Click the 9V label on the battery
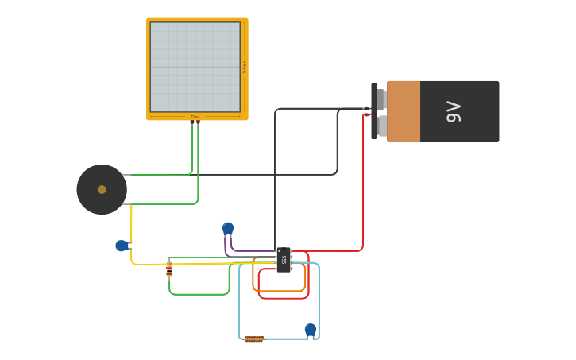tap(454, 111)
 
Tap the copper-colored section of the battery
tap(404, 111)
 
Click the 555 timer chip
tap(284, 259)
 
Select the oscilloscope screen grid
tap(195, 67)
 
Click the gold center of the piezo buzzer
tap(102, 189)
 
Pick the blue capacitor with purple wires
tap(228, 229)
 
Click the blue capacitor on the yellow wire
tap(122, 246)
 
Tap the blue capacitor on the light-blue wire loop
tap(311, 330)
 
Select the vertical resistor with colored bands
tap(169, 269)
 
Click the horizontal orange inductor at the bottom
tap(253, 339)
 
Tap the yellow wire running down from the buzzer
tap(131, 226)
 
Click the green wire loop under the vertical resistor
tap(199, 294)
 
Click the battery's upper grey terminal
tap(381, 99)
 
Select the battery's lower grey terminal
tap(381, 126)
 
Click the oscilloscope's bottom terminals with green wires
tap(195, 121)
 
